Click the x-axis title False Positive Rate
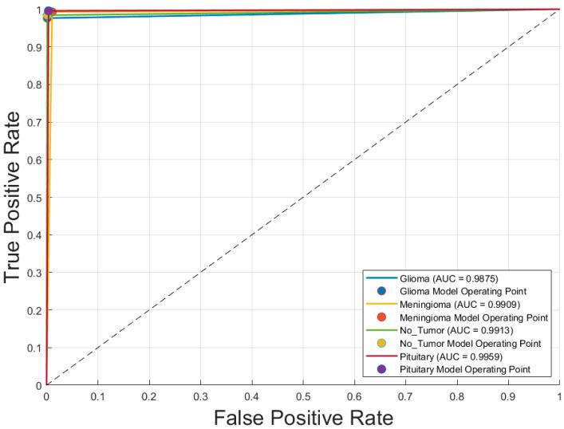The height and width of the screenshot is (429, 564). pyautogui.click(x=303, y=415)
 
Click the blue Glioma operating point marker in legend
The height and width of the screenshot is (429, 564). pyautogui.click(x=381, y=291)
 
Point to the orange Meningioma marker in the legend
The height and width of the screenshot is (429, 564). pyautogui.click(x=381, y=317)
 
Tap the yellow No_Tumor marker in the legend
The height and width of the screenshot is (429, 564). pyautogui.click(x=381, y=342)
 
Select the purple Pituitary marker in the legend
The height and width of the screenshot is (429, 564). pyautogui.click(x=381, y=368)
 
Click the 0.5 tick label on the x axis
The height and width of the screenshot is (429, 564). pyautogui.click(x=303, y=395)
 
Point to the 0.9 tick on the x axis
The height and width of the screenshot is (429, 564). pyautogui.click(x=508, y=395)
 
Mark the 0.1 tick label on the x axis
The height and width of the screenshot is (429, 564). pyautogui.click(x=98, y=395)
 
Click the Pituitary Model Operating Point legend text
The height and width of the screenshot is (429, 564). pyautogui.click(x=463, y=368)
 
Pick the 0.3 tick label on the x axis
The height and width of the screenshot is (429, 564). pyautogui.click(x=200, y=395)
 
